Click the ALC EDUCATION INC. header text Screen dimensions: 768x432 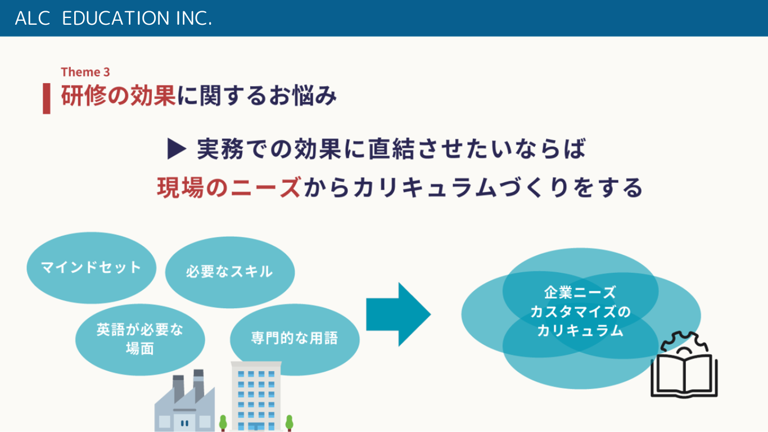pos(114,18)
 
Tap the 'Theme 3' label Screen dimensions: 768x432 pos(85,72)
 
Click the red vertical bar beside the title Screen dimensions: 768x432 pos(47,98)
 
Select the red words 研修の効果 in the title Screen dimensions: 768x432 pos(118,96)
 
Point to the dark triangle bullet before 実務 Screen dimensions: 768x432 pos(177,148)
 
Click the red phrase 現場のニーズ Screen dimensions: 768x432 pos(229,187)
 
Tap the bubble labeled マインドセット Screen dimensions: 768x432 pos(92,268)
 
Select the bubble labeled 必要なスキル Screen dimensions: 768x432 pos(230,272)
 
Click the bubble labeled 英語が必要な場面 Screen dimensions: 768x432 pos(140,339)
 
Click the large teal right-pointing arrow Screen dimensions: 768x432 pos(399,314)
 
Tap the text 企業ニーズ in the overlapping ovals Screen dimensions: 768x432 pos(580,292)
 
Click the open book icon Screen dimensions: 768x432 pos(684,376)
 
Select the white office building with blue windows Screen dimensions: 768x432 pos(256,396)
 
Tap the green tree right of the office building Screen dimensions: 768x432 pos(290,422)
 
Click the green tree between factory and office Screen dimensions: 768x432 pos(223,422)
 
